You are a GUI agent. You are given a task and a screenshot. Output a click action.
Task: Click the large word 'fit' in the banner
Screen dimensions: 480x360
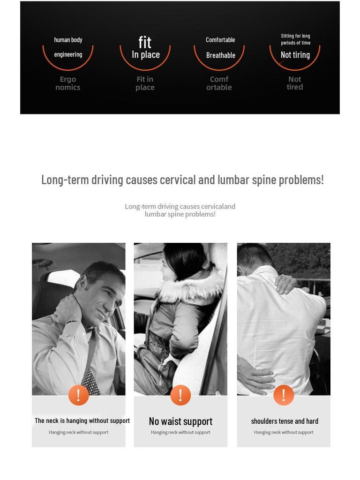point(145,43)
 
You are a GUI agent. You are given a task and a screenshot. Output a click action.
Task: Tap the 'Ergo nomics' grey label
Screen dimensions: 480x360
point(68,83)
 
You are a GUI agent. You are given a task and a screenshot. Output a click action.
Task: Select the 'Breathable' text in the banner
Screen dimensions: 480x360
point(220,55)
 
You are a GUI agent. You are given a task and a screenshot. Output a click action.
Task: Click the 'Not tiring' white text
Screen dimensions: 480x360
point(295,55)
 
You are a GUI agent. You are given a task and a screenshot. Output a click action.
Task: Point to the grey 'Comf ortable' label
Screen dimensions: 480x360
point(219,83)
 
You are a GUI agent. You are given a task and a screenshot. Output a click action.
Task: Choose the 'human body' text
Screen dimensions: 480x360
point(68,40)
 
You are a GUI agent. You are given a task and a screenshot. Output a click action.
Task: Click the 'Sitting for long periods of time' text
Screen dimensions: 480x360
point(295,39)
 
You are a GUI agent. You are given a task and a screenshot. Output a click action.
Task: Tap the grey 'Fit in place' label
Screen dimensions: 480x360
point(145,83)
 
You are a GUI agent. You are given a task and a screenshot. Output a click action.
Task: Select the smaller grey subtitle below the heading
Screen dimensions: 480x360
point(180,210)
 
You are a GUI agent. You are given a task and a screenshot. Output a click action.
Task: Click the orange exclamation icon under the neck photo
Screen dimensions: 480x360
point(78,395)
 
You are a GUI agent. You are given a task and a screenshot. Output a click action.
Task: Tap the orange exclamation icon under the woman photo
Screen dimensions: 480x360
point(180,395)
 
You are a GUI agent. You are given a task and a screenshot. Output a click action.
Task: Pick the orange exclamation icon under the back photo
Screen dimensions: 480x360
point(283,395)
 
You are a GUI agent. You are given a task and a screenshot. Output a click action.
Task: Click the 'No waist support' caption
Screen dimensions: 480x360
point(180,421)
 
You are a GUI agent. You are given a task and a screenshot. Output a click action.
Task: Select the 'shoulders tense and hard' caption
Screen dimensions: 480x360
point(285,421)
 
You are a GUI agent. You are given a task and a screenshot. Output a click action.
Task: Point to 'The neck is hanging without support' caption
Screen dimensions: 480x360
point(82,420)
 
